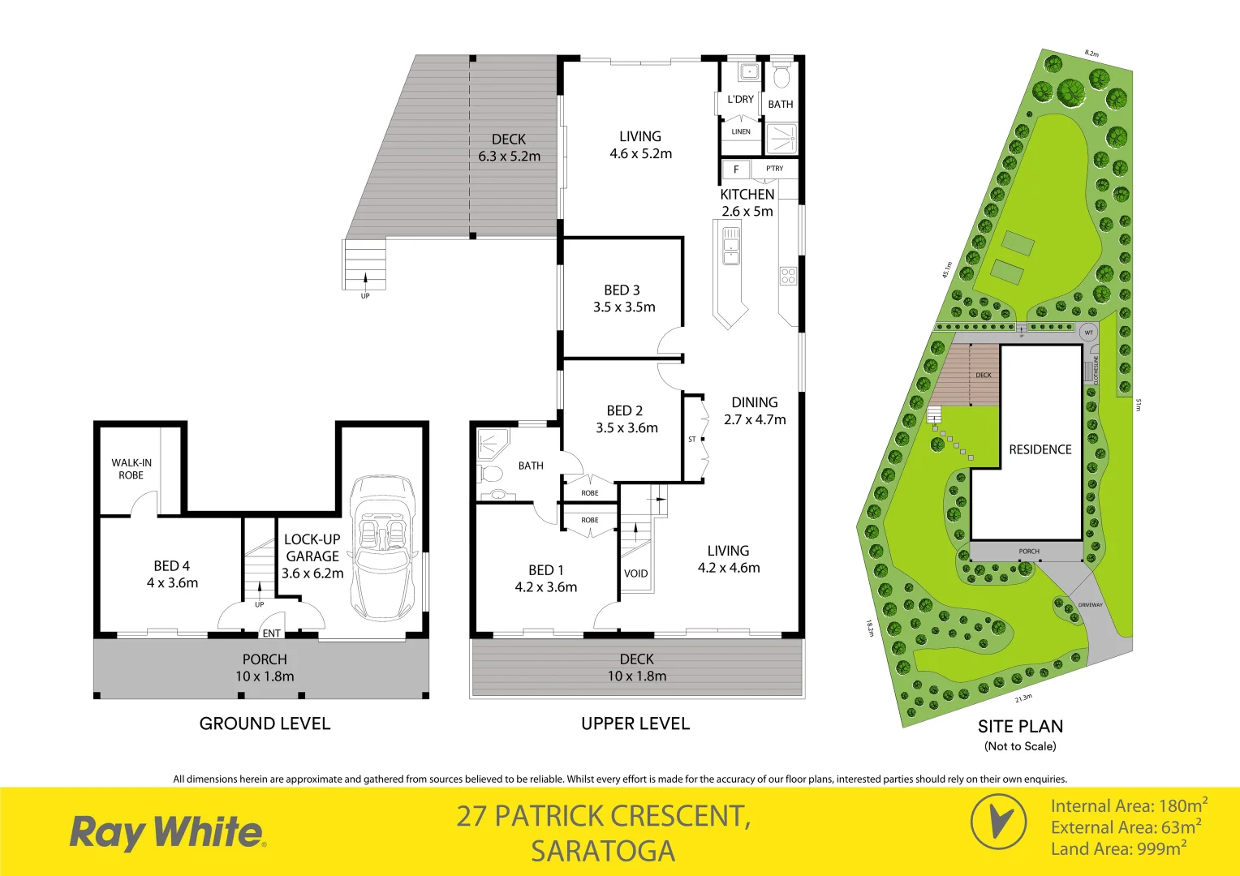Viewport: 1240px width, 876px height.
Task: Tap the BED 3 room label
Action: [x=622, y=290]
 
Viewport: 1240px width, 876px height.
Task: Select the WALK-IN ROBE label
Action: [x=131, y=469]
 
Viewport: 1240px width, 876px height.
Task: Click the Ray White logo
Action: [x=167, y=833]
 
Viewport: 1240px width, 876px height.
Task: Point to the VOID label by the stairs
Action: [x=635, y=573]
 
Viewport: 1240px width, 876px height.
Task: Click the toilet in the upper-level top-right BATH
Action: [x=781, y=76]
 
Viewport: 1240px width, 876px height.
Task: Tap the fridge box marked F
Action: [x=736, y=170]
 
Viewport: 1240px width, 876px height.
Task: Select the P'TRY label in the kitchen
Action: [x=775, y=169]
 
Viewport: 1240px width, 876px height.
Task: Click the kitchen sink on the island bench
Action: [x=731, y=246]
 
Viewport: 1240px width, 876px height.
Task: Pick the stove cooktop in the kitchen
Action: [x=788, y=275]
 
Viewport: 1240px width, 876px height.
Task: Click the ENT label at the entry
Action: [x=272, y=633]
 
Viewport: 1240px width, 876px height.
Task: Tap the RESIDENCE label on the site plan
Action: [x=1040, y=449]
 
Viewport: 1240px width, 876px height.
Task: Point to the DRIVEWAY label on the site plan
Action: [x=1090, y=605]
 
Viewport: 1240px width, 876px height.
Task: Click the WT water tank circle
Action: [x=1089, y=333]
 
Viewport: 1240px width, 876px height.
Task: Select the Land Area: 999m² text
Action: [x=1118, y=849]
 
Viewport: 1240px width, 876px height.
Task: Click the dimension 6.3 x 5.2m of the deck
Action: [x=509, y=156]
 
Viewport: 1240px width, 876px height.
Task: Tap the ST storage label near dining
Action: [x=692, y=440]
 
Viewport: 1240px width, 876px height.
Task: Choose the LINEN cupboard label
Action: [x=741, y=131]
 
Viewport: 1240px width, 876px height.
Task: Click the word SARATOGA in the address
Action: [x=603, y=851]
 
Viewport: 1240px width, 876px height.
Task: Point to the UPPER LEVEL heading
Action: [x=635, y=724]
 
